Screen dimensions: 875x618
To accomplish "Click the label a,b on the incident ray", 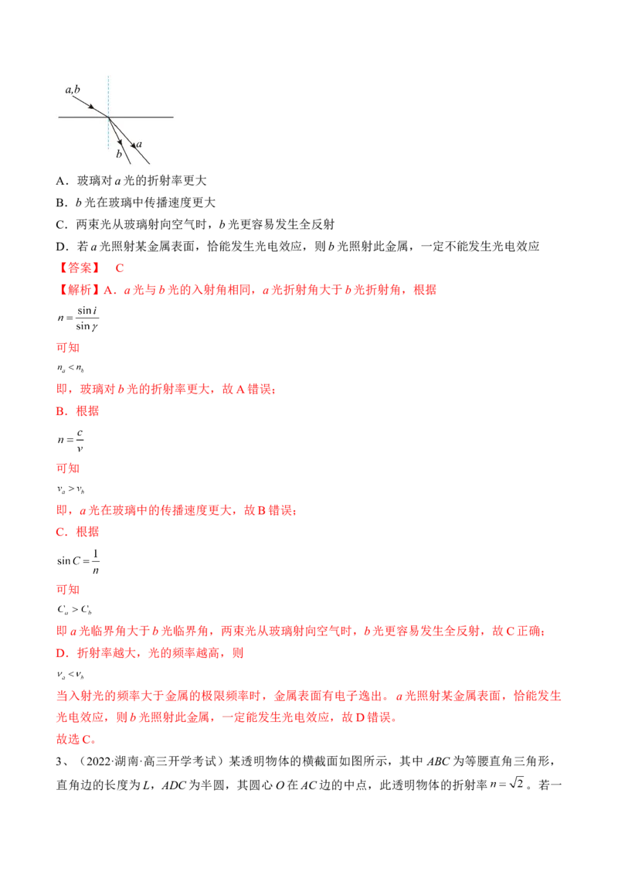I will coord(73,90).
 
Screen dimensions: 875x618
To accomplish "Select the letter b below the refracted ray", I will coord(119,155).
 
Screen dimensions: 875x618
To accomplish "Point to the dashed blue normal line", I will coord(108,93).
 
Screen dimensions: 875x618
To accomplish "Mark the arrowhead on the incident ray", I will coord(92,107).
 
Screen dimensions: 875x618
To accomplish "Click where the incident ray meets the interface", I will coord(108,117).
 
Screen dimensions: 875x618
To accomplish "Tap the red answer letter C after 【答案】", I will coord(120,268).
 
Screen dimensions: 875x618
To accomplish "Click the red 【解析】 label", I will coord(77,289).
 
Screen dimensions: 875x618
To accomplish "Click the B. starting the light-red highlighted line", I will coord(61,412).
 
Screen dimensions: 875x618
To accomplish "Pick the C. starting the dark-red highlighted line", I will coord(61,532).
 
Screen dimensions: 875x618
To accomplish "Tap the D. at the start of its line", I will coord(61,653).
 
